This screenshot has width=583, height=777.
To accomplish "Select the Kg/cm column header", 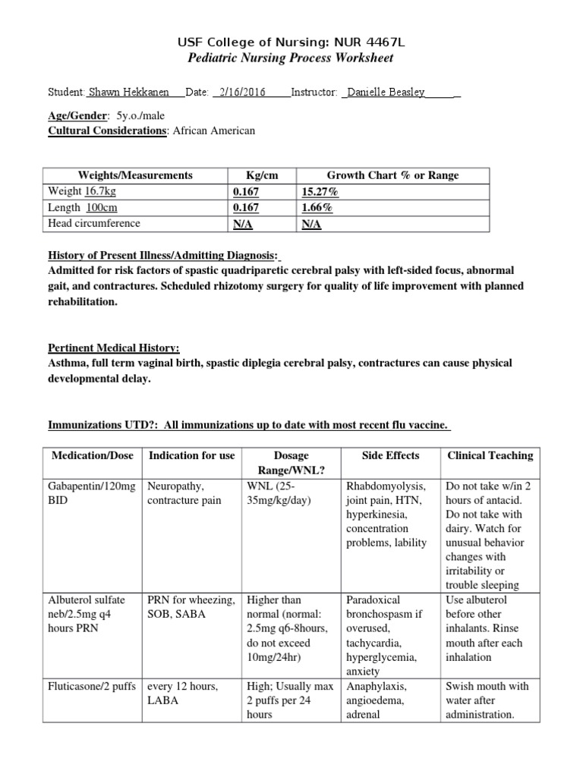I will pos(263,175).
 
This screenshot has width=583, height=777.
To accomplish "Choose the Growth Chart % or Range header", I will pos(392,175).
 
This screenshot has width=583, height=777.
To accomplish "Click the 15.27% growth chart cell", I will pos(320,192).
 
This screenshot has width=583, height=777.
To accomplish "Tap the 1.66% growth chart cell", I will pos(317,208).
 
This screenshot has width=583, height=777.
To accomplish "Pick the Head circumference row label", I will pos(94,224).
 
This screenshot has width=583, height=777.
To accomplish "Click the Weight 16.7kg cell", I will pos(83,192).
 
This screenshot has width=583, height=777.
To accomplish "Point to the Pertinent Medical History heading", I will pos(114,348).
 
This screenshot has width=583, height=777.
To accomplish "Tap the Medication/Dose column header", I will pos(93,455).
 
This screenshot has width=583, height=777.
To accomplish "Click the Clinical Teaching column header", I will pos(490,455).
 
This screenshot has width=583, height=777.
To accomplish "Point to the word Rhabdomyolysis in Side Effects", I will pos(385,486).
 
